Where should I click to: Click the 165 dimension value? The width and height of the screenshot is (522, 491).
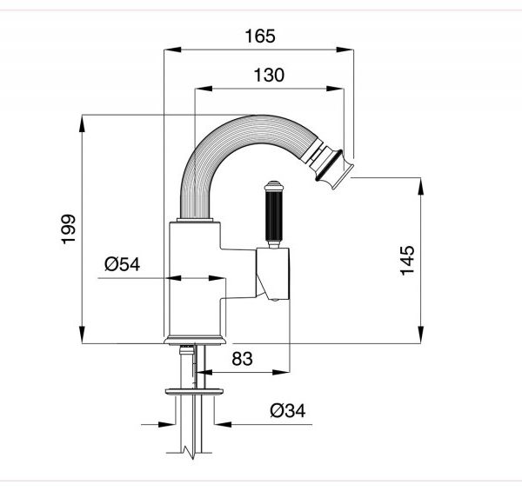point(259,36)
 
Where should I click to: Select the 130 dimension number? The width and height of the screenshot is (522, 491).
point(269,76)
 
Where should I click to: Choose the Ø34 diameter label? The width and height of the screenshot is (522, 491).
point(287,410)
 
